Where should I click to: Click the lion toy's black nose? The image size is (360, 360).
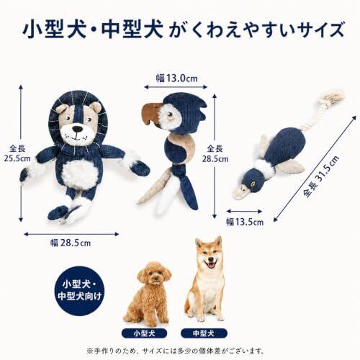[x=77, y=129]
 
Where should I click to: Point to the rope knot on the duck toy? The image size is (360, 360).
[x=333, y=97]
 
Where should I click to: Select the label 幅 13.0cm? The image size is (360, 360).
[x=177, y=78]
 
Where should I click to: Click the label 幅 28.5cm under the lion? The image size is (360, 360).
[x=71, y=243]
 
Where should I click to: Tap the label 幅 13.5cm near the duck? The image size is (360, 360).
[x=245, y=222]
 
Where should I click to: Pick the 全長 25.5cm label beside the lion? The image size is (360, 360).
[x=17, y=153]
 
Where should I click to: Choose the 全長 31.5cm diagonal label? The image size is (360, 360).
[x=321, y=176]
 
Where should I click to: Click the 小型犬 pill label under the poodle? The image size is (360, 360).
[x=144, y=333]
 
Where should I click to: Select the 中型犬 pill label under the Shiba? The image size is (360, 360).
[x=204, y=333]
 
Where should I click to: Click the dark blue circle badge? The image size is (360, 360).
[x=79, y=290]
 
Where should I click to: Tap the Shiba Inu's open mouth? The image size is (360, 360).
[x=210, y=265]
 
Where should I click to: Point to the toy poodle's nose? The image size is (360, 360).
[x=157, y=279]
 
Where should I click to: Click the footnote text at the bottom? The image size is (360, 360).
[x=175, y=351]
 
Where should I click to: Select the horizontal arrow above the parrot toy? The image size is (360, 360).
[x=176, y=87]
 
